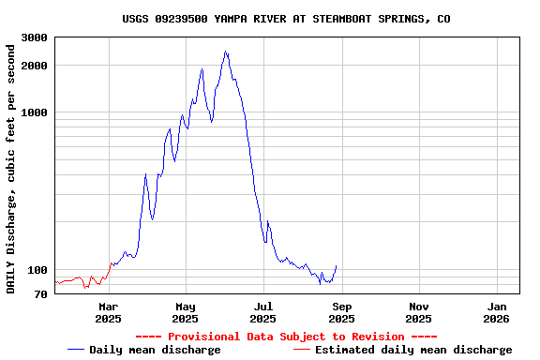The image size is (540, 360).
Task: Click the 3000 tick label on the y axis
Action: click(35, 37)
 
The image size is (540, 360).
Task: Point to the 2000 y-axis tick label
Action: click(35, 66)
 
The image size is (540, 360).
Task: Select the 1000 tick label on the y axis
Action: click(35, 112)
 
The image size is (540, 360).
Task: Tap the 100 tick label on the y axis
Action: click(37, 271)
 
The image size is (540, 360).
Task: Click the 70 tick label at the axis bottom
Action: click(41, 294)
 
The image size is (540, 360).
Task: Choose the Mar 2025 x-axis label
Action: click(108, 312)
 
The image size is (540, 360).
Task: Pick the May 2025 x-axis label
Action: click(186, 312)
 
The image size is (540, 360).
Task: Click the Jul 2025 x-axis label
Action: click(263, 312)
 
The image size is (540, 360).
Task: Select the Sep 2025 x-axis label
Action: click(341, 312)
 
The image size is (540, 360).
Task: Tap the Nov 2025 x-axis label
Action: click(419, 312)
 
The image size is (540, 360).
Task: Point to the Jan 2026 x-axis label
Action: click(497, 312)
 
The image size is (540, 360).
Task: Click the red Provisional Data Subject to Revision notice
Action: click(286, 337)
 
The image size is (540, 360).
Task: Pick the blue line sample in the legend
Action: click(76, 350)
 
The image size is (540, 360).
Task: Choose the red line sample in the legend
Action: click(301, 350)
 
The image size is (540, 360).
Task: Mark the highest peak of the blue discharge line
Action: click(226, 52)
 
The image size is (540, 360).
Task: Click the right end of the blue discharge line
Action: click(336, 265)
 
